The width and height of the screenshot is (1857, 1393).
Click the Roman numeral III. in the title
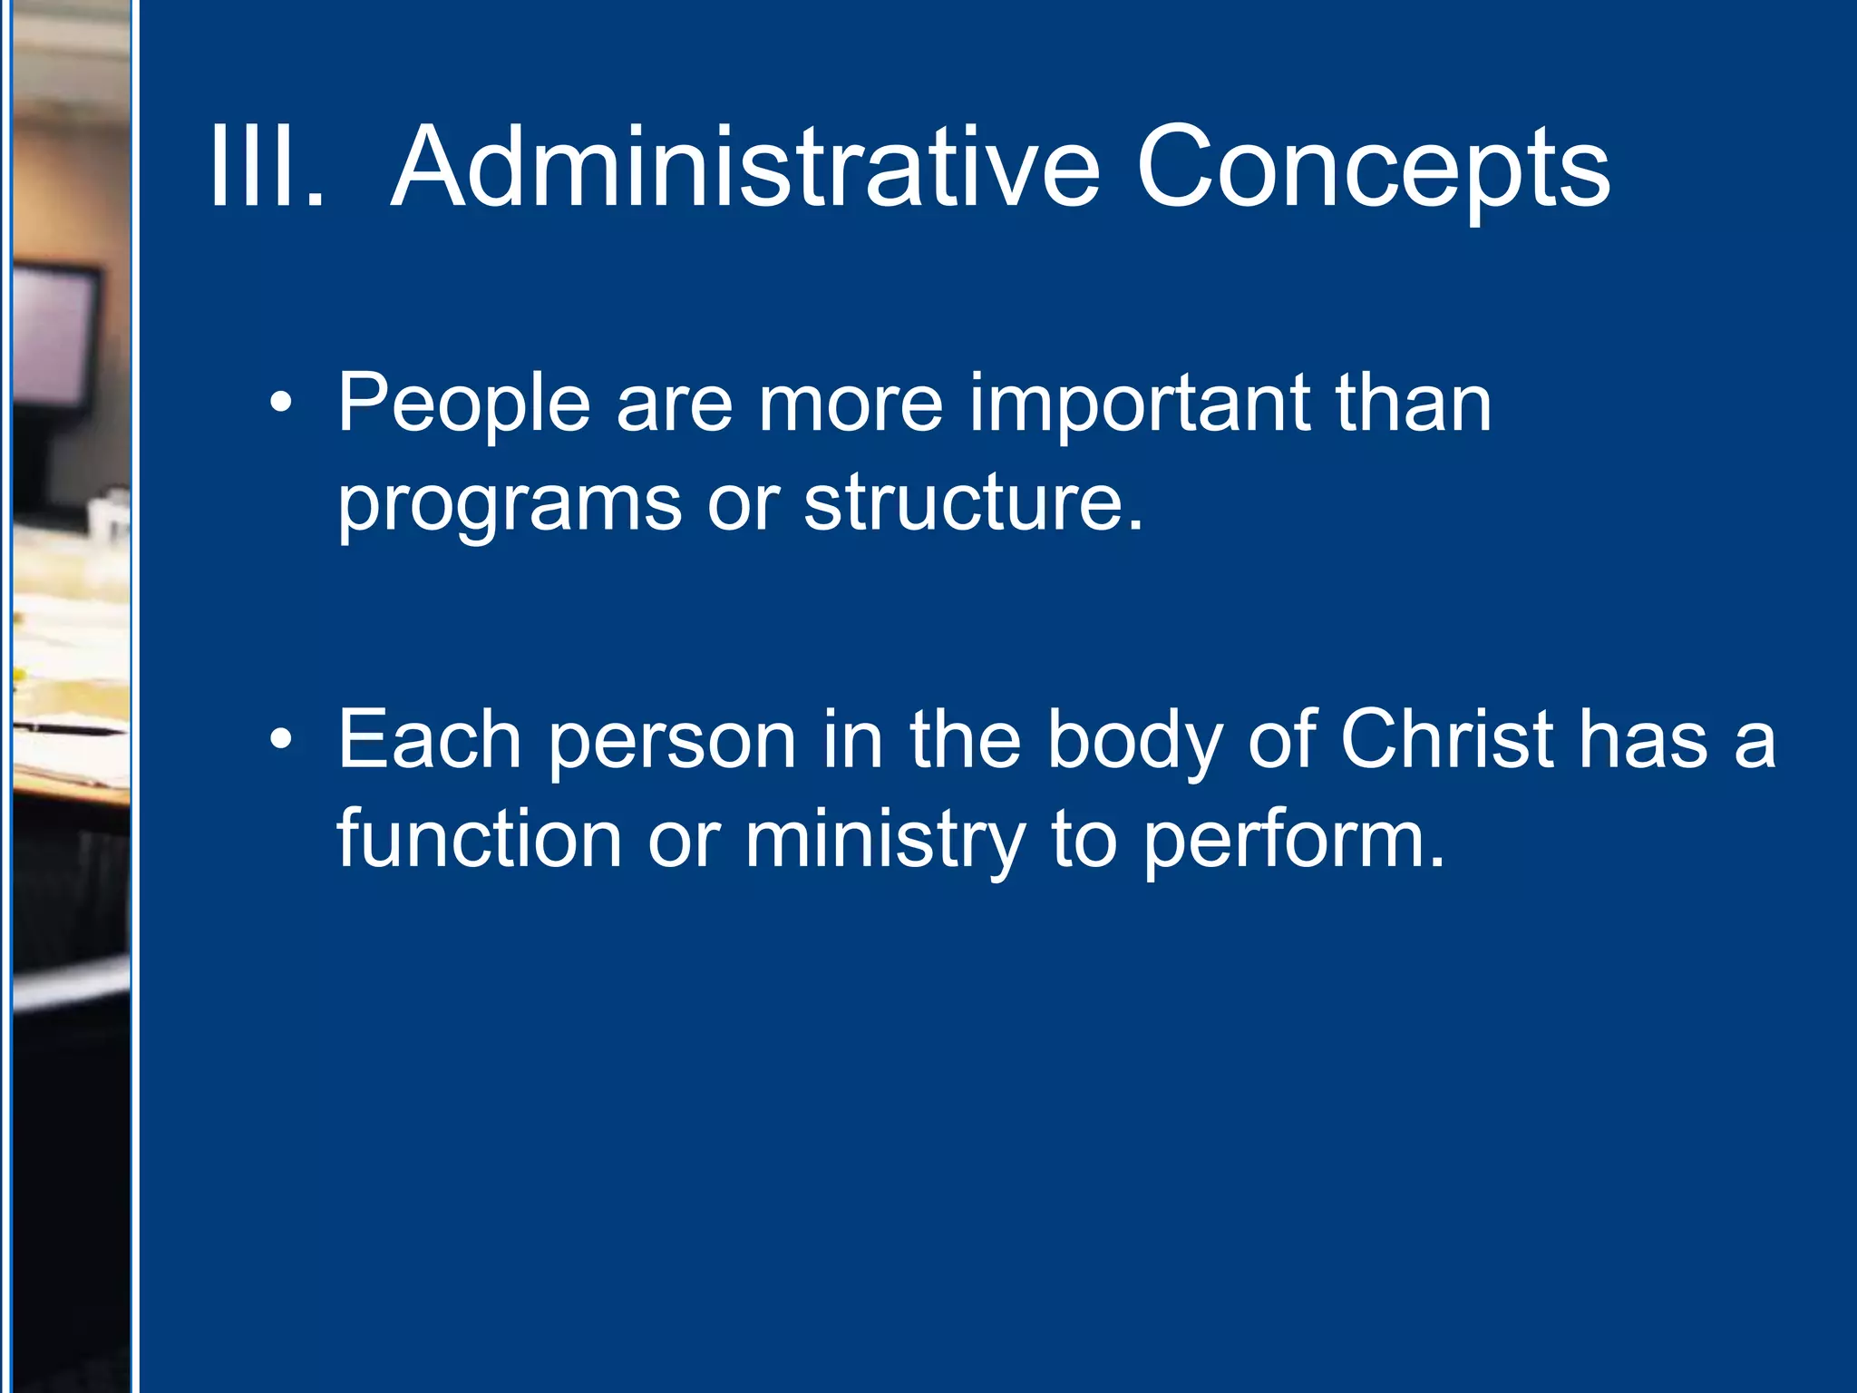[x=266, y=168]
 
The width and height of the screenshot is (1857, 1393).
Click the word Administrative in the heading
[x=745, y=168]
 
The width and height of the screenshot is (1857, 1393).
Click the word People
[x=463, y=405]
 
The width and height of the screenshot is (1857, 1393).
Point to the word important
[x=1139, y=405]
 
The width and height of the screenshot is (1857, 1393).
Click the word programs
[x=509, y=505]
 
